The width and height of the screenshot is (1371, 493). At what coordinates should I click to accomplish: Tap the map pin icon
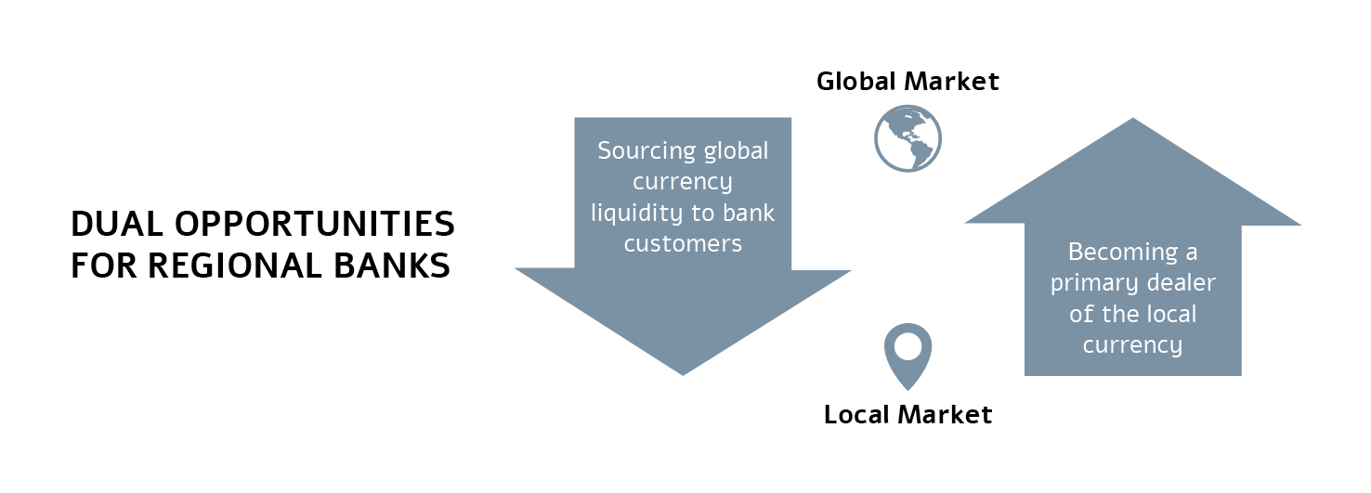tap(907, 354)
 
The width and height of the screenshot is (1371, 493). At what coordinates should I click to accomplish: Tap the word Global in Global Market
tap(857, 82)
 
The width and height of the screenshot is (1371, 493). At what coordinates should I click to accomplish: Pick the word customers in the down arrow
tap(683, 244)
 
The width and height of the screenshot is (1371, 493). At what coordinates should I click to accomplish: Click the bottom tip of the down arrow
tap(683, 373)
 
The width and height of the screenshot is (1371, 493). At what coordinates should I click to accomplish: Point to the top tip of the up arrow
tap(1133, 120)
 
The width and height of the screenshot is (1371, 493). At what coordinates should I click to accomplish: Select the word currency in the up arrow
tap(1132, 346)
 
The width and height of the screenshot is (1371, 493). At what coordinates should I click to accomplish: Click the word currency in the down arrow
tap(683, 182)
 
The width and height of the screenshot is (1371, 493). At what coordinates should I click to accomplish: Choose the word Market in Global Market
tap(954, 82)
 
